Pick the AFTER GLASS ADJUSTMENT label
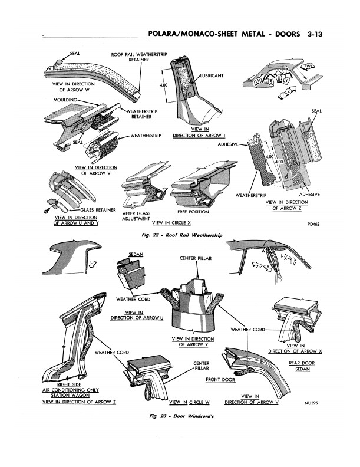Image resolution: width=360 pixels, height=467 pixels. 137,215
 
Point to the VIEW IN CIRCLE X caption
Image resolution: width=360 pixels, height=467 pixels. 171,223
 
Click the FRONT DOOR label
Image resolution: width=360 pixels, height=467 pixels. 221,380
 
